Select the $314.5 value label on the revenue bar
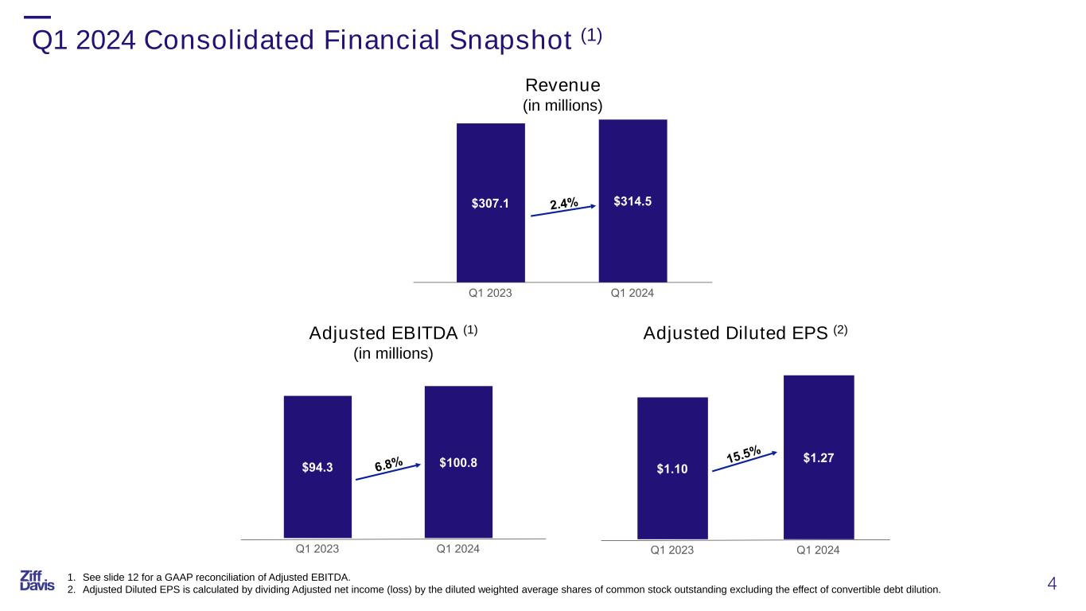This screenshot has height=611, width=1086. pos(633,201)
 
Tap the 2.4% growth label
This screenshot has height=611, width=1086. pos(563,204)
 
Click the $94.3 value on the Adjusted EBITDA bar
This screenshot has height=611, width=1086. pos(317,465)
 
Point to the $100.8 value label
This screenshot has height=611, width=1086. pos(458,462)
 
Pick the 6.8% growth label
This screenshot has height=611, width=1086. pos(388,462)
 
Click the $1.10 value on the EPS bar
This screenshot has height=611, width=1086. pos(672,469)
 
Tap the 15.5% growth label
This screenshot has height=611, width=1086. pos(743,455)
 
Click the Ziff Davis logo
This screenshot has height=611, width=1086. pos(37,581)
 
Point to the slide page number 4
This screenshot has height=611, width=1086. pos(1053,584)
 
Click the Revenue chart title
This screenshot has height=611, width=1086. pos(562,84)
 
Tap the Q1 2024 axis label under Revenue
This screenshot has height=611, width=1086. pos(632,294)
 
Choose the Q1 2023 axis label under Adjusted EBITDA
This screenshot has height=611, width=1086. pos(317,548)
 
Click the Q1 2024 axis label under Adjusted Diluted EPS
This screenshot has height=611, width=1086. pos(818,550)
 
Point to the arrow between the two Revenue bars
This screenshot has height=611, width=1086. pos(563,213)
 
